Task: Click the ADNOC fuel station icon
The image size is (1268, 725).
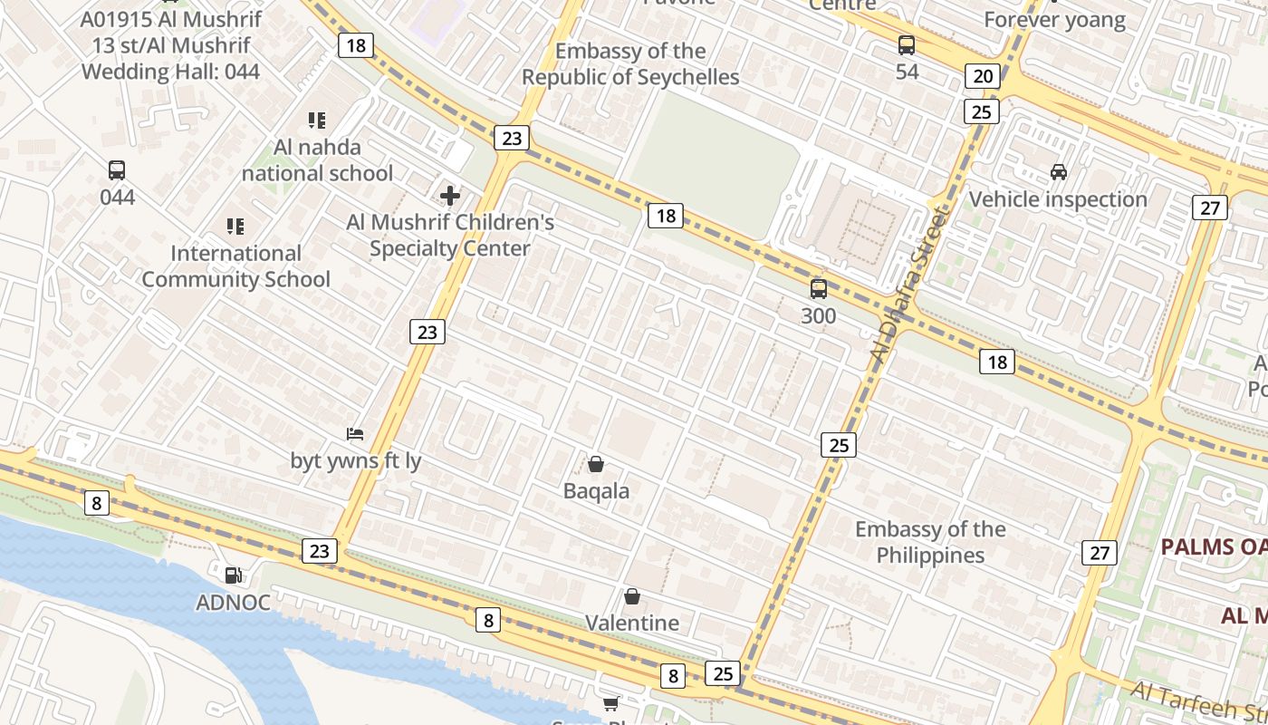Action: [234, 575]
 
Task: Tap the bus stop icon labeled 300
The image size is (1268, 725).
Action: [819, 289]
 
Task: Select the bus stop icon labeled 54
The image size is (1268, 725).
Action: [907, 44]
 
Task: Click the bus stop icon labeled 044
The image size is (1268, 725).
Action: [117, 169]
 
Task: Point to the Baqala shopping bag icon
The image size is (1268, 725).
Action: [596, 464]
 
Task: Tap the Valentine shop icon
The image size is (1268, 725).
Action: [632, 596]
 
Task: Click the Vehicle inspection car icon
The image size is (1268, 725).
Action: [1058, 171]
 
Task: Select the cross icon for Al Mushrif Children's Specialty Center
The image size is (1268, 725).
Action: [450, 195]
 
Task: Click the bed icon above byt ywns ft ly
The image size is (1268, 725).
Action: [355, 434]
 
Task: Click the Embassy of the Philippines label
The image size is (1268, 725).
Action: [930, 542]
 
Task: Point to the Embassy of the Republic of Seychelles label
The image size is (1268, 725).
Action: [630, 64]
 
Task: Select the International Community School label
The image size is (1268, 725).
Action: [235, 266]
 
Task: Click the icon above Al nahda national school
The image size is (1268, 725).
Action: [316, 120]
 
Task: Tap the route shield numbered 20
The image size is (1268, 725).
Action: [983, 76]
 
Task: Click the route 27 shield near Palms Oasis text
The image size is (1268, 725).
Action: [1099, 553]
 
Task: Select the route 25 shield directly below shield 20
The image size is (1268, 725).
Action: [982, 111]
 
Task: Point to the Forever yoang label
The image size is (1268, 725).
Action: [1054, 20]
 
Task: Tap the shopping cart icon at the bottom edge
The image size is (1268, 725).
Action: [611, 704]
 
